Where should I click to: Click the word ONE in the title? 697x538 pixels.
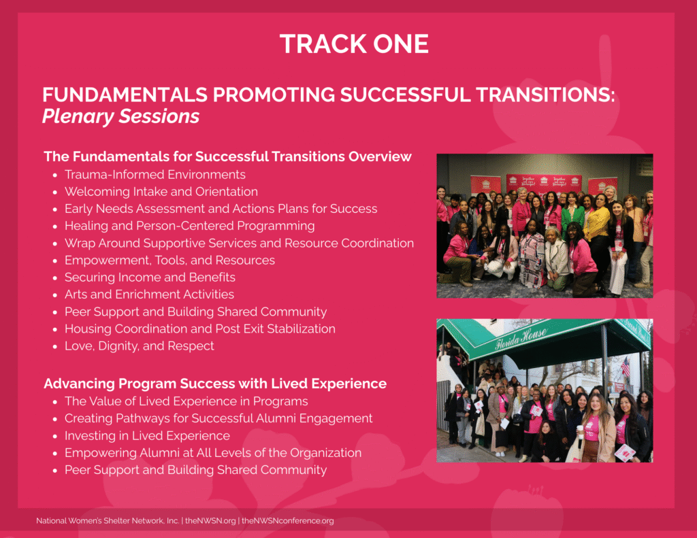click(x=400, y=44)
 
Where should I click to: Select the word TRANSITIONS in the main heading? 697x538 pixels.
click(x=545, y=95)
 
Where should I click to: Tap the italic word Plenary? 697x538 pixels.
click(x=78, y=116)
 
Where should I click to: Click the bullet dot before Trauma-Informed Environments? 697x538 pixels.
click(x=55, y=175)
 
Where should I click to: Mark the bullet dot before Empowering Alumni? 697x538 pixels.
click(x=55, y=454)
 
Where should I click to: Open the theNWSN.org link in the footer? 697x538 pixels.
click(x=210, y=521)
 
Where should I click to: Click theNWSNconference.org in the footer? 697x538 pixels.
click(x=288, y=521)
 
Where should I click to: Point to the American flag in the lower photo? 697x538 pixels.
click(x=626, y=367)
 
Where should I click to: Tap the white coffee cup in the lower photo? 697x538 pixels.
click(x=580, y=430)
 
